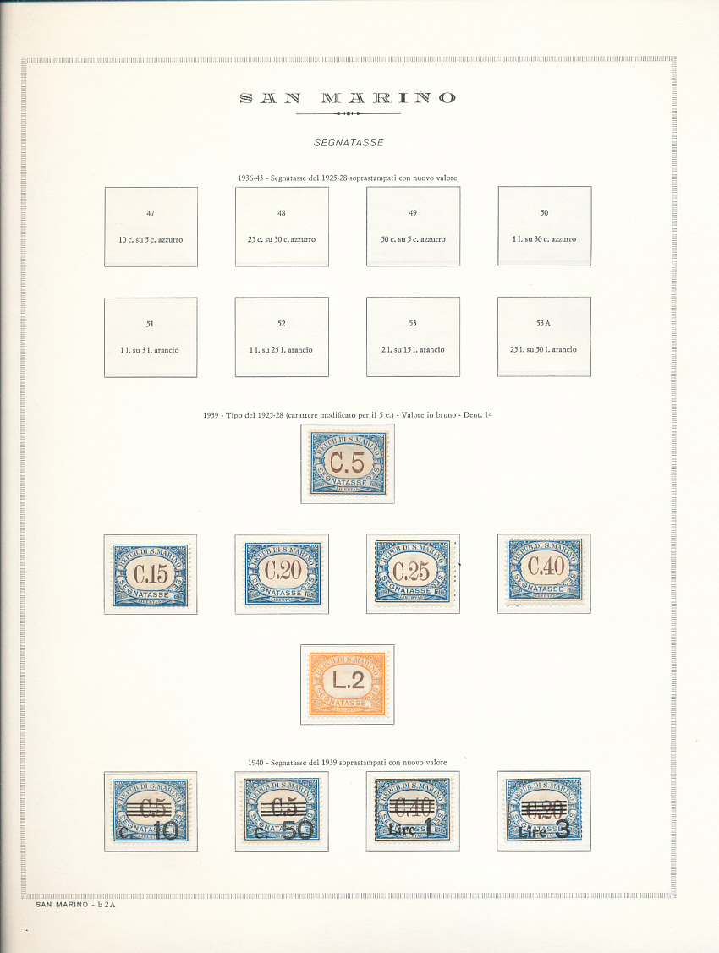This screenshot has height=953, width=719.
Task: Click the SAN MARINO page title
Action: tap(348, 98)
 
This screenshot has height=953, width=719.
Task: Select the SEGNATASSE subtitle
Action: tap(348, 143)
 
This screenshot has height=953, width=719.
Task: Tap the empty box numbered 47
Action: tap(151, 227)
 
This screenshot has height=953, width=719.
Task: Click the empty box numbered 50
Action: tap(544, 227)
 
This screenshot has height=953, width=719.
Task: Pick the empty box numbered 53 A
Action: tap(544, 337)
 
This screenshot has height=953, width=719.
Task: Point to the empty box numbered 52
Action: tap(282, 337)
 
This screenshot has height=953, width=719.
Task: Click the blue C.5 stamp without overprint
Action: tap(347, 463)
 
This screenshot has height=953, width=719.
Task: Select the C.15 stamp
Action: tap(151, 573)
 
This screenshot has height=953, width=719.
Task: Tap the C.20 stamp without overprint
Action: tap(283, 573)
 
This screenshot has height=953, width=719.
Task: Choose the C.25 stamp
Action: tap(414, 573)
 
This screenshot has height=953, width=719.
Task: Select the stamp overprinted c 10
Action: tap(151, 810)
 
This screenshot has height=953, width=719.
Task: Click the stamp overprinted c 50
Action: tap(282, 810)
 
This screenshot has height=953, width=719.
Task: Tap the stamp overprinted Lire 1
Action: tap(413, 810)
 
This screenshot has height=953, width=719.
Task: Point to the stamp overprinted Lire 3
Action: tap(544, 810)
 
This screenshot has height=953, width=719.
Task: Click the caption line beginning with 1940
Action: tap(348, 762)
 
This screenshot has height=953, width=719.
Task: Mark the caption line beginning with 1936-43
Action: tap(348, 178)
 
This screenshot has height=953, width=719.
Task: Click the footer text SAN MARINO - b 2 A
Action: tap(76, 905)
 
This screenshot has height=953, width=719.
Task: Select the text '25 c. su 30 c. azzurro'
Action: tap(282, 239)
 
